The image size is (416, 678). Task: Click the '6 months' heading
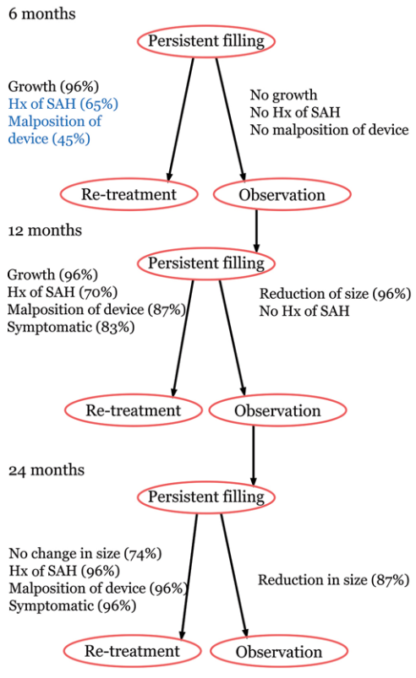coord(42,14)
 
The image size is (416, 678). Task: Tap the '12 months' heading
coord(45,230)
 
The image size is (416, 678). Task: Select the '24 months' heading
coord(47,470)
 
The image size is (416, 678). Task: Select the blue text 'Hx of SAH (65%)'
coord(63,104)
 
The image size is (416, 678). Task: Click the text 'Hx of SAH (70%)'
coord(63,292)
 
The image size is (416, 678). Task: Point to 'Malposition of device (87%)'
coord(96,310)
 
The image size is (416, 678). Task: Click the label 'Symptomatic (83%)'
coord(70,327)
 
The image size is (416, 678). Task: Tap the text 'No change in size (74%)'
coord(85,554)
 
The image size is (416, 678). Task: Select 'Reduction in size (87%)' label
coord(334,580)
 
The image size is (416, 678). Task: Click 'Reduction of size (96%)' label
coord(335,294)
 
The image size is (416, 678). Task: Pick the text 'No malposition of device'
coord(330,130)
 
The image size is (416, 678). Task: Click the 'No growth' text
coord(283,95)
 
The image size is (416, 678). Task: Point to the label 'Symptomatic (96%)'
coord(72,605)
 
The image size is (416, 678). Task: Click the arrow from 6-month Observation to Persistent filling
coord(256,231)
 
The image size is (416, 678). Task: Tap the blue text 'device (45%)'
coord(49,138)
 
